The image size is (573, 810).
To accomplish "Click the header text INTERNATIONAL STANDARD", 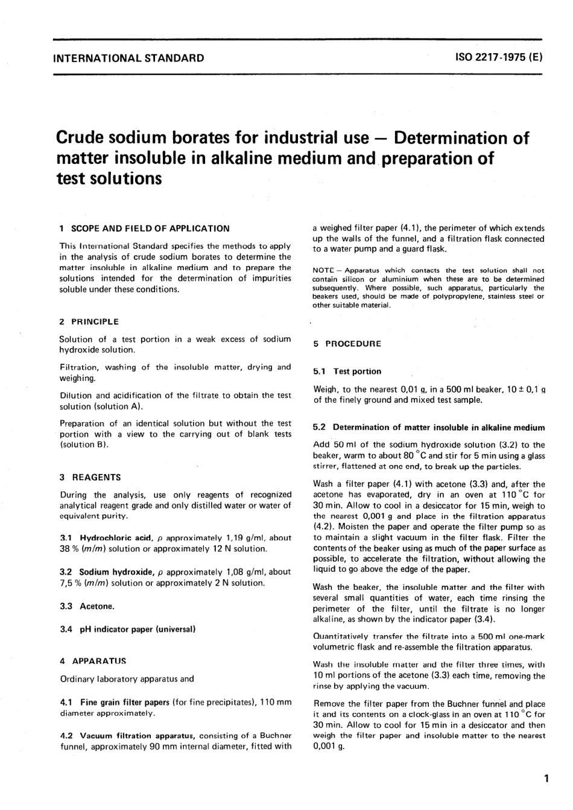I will coord(128,59).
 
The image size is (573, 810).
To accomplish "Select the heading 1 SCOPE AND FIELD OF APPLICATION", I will coord(145,229).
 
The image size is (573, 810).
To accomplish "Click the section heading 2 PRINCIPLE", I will coord(89,321).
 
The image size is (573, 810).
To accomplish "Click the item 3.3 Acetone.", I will coord(87,606).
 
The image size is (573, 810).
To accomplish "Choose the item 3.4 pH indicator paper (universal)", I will coord(128,629).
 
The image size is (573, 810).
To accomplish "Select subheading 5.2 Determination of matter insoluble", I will coord(429,427).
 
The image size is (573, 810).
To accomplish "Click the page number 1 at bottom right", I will coord(546,779).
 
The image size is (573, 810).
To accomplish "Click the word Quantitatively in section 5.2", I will coord(341,636).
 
